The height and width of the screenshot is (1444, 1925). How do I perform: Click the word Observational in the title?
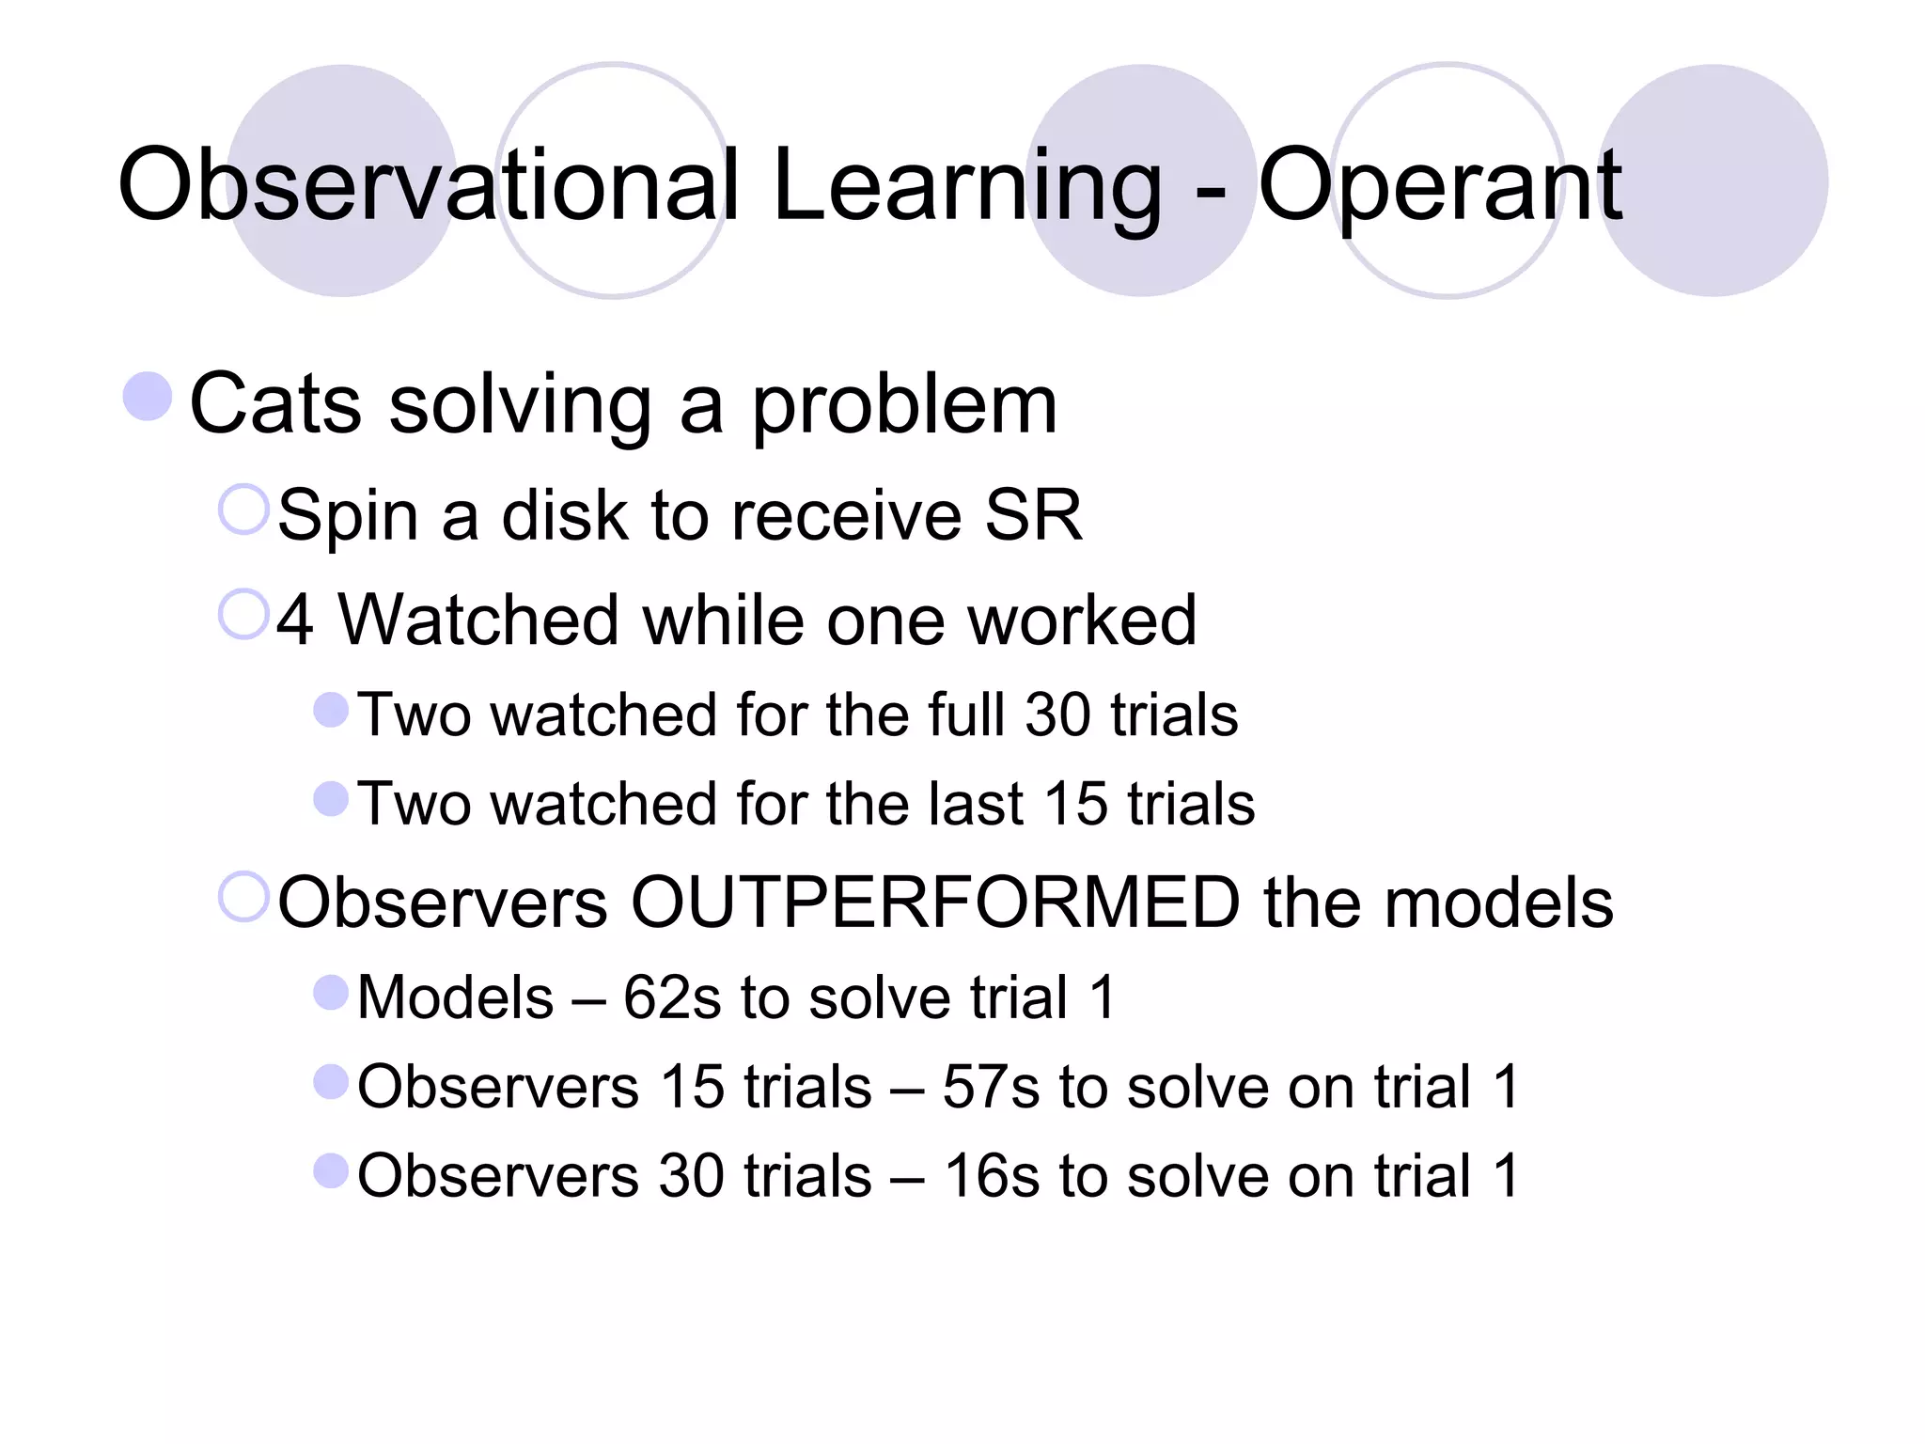(428, 185)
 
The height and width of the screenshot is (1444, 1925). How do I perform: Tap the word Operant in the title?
(1439, 185)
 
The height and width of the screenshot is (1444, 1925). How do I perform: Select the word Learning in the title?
(967, 185)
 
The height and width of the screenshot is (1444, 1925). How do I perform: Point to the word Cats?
(275, 404)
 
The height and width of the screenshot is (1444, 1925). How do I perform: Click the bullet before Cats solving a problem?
(149, 396)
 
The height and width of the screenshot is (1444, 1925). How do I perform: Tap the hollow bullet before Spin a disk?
(244, 509)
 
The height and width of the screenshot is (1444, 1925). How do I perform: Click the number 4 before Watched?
(295, 620)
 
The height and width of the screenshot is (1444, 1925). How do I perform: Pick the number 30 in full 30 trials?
(1057, 715)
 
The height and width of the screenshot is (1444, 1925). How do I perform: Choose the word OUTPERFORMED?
(935, 902)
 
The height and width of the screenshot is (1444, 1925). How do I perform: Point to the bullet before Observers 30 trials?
(331, 1170)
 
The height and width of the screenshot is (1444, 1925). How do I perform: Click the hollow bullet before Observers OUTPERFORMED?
(244, 896)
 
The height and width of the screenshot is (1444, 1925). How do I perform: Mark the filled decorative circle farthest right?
(1713, 180)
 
